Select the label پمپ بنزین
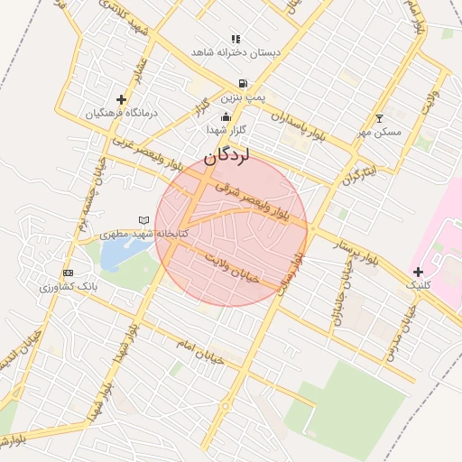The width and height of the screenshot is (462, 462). (x=246, y=96)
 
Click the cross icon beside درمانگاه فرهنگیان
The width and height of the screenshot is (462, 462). (x=121, y=99)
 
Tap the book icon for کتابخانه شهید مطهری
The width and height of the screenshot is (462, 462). (x=143, y=219)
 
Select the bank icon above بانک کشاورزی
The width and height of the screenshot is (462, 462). (x=68, y=273)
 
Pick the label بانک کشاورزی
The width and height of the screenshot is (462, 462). (x=68, y=287)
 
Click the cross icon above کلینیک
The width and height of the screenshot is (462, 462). (x=417, y=272)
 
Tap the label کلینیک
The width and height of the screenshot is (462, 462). (x=420, y=285)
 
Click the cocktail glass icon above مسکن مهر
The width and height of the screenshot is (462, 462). (x=379, y=118)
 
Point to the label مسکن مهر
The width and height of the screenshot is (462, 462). (x=379, y=132)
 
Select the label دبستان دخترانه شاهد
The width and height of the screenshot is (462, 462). (x=236, y=52)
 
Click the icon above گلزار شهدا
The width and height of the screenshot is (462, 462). (x=226, y=116)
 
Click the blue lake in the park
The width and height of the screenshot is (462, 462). (x=115, y=254)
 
